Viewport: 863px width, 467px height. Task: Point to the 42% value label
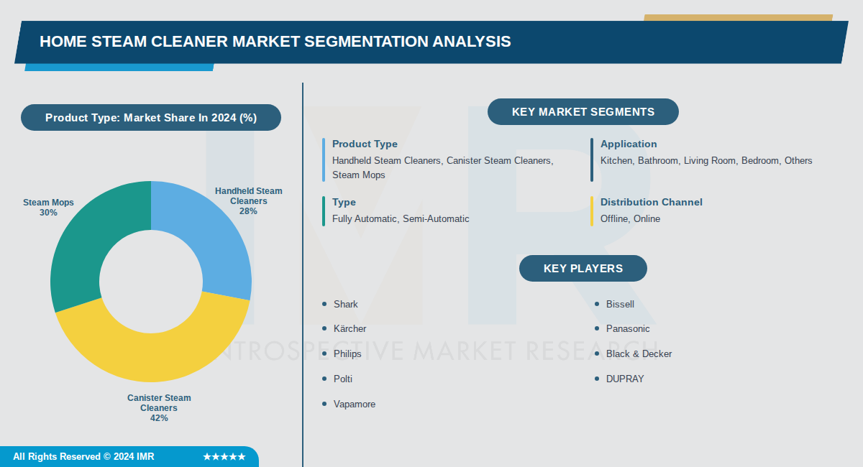click(159, 418)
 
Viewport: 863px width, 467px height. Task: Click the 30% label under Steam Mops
click(48, 213)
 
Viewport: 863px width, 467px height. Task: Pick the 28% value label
click(248, 211)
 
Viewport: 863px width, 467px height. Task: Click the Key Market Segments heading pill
click(583, 112)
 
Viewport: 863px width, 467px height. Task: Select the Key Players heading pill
click(583, 269)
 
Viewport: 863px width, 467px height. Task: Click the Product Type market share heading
click(150, 118)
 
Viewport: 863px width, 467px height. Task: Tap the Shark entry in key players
click(345, 304)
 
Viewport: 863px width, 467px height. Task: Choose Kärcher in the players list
click(350, 328)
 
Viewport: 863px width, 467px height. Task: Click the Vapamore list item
click(354, 404)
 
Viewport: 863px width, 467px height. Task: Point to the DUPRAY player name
click(624, 379)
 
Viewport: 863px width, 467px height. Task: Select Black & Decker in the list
click(639, 353)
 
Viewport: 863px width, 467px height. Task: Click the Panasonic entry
click(627, 328)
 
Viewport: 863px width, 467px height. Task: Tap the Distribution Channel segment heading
click(651, 202)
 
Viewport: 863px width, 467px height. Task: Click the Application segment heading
click(629, 144)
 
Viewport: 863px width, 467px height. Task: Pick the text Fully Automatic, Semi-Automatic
click(400, 218)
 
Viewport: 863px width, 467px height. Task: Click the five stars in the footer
click(224, 457)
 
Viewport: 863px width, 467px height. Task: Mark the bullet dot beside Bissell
click(597, 304)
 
